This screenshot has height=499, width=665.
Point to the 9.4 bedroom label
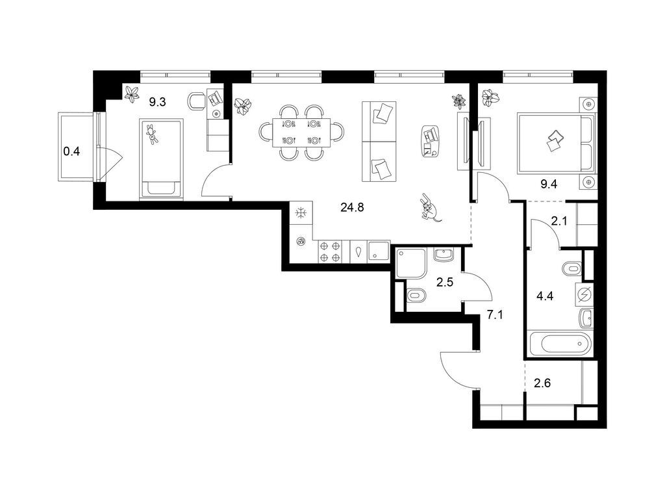pos(549,183)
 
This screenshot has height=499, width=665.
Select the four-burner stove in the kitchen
pos(330,251)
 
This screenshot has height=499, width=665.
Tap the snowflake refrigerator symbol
pos(301,212)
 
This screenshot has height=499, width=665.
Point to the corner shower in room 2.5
pos(410,262)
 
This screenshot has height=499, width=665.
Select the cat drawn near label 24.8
pos(429,209)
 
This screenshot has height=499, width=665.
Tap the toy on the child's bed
pos(153,134)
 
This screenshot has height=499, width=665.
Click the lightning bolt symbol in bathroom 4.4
pos(584,295)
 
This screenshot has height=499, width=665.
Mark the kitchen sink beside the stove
pos(377,251)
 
